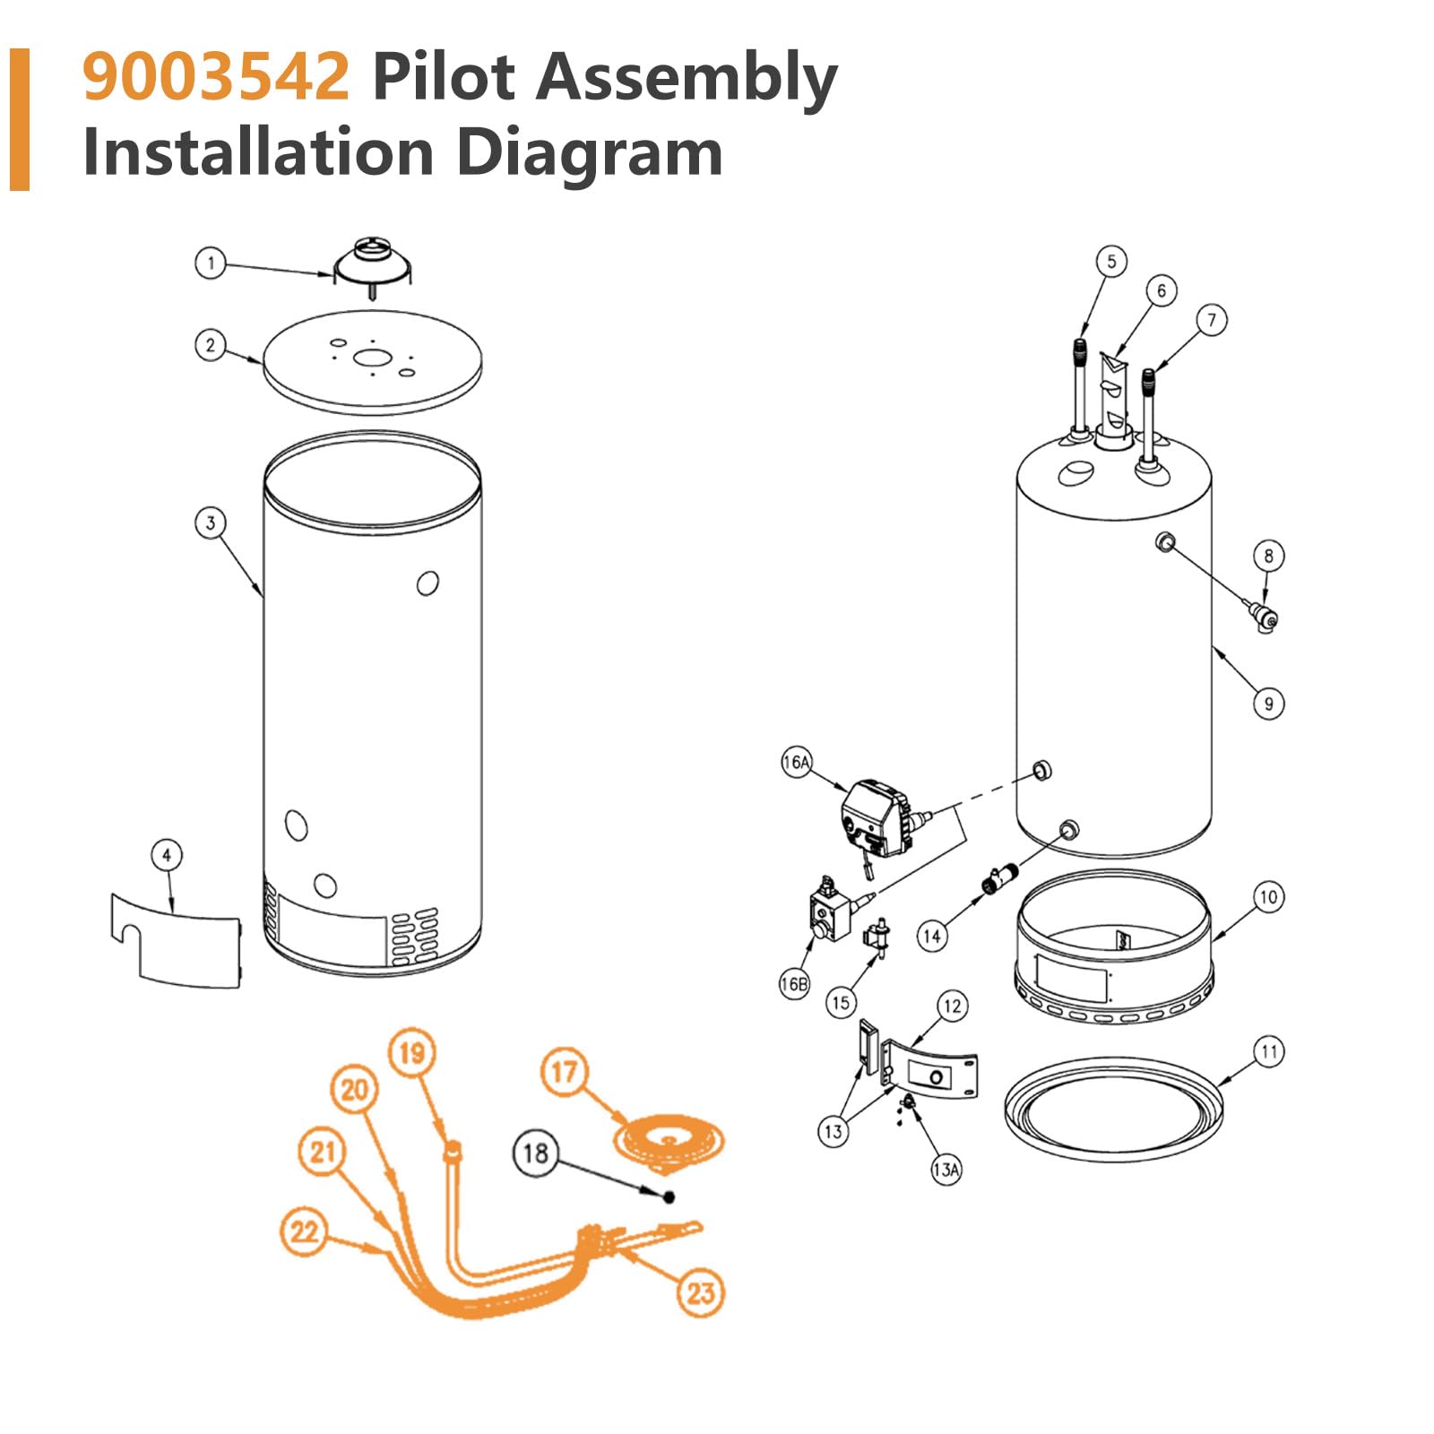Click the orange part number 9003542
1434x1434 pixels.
[x=215, y=77]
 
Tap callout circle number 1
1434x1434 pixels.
[x=211, y=263]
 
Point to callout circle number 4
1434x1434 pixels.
[x=167, y=855]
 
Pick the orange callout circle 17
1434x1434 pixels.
[x=564, y=1072]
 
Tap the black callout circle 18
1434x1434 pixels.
[x=535, y=1153]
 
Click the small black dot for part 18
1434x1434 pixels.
[x=669, y=1197]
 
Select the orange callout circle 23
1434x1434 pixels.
[x=700, y=1292]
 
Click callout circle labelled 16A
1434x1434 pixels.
[x=796, y=763]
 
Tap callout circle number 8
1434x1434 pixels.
[x=1268, y=556]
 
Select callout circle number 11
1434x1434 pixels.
[x=1268, y=1051]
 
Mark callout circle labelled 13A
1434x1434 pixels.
[x=946, y=1170]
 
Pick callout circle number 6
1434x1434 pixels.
[x=1162, y=290]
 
